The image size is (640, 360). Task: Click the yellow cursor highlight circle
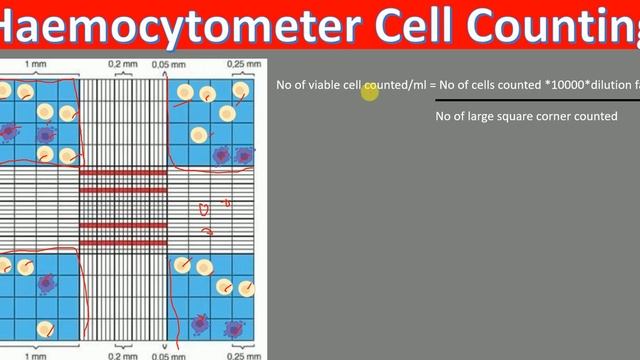tap(370, 92)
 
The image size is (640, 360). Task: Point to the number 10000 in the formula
tap(555, 86)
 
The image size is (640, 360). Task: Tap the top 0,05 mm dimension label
tap(160, 63)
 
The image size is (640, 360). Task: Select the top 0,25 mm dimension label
tap(237, 63)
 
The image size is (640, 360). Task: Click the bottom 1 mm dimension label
tap(35, 354)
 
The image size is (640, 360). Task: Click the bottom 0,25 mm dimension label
tap(237, 354)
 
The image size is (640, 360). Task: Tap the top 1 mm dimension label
tap(35, 63)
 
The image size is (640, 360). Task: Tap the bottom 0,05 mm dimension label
tap(160, 354)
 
